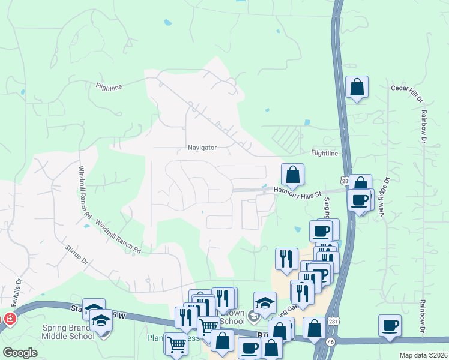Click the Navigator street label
pos(202,147)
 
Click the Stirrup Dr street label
pos(76,254)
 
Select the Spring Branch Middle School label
pos(68,332)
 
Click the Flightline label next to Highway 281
pos(324,153)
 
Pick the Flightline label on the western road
pos(109,87)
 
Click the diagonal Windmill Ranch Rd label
pos(118,235)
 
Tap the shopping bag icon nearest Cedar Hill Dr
pos(357,88)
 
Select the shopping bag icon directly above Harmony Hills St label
pos(292,175)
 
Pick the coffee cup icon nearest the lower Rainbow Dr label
pos(390,326)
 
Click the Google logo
pos(20,352)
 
